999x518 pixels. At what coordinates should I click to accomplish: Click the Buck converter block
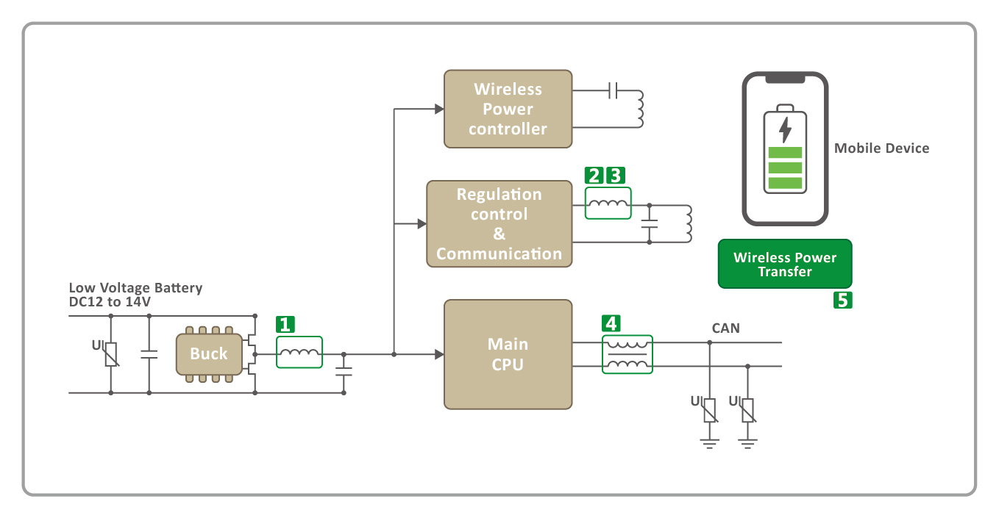tap(208, 354)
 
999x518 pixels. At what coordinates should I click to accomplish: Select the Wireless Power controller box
tap(508, 109)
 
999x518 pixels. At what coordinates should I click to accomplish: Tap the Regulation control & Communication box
tap(499, 224)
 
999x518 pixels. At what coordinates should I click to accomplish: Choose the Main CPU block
tap(508, 354)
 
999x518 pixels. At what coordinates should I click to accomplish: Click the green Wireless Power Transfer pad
tap(784, 264)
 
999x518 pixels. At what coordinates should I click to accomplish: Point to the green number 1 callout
tap(285, 324)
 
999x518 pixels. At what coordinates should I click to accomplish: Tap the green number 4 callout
tap(611, 322)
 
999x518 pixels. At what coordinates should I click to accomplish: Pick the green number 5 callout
tap(842, 300)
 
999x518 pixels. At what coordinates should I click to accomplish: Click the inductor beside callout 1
tap(299, 353)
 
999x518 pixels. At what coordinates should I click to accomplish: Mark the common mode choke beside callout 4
tap(628, 354)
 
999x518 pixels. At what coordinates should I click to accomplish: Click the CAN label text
tap(725, 328)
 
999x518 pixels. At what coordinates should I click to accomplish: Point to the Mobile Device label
tap(881, 148)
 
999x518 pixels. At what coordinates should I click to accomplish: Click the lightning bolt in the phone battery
tap(785, 129)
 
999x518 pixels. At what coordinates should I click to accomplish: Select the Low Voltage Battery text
tap(135, 288)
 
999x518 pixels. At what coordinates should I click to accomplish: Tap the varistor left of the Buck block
tap(111, 354)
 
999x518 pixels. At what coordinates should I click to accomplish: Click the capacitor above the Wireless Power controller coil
tap(614, 91)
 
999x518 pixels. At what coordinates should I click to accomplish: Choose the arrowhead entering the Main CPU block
tap(439, 354)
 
